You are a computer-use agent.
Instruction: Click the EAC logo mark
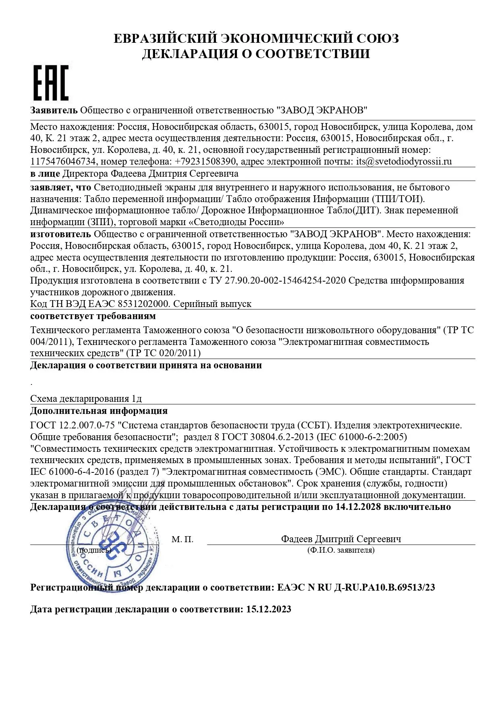[x=51, y=83]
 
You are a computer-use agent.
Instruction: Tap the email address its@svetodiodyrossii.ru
[x=404, y=162]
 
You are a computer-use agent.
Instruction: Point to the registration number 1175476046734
[x=63, y=162]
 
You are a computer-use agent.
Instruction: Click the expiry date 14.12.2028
[x=358, y=507]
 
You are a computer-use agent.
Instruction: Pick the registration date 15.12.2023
[x=269, y=609]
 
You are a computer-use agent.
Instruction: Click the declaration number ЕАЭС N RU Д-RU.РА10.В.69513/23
[x=356, y=587]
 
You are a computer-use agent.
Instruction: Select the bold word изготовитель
[x=60, y=234]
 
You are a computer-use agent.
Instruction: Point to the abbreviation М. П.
[x=183, y=539]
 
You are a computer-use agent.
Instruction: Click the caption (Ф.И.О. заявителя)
[x=341, y=550]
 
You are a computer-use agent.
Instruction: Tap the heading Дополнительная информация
[x=99, y=411]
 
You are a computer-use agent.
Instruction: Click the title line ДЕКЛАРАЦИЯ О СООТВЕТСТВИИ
[x=256, y=54]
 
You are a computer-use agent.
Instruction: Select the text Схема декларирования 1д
[x=86, y=399]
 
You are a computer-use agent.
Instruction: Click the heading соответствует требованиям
[x=93, y=316]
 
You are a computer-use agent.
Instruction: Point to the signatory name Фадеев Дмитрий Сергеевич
[x=341, y=539]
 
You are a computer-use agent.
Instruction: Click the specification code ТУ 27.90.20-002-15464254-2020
[x=278, y=280]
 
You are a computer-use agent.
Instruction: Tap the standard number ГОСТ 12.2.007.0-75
[x=73, y=425]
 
